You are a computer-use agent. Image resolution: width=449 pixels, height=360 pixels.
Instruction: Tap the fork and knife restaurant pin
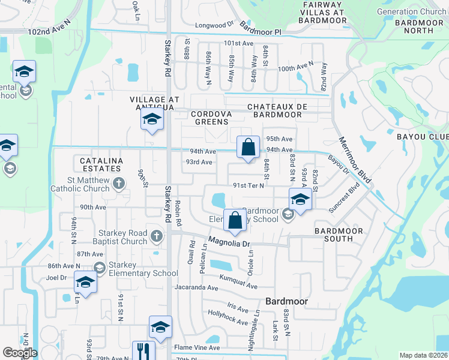pyautogui.click(x=143, y=350)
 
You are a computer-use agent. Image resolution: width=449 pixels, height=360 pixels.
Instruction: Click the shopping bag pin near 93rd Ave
pyautogui.click(x=248, y=148)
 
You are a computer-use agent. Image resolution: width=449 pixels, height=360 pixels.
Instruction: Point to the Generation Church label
pyautogui.click(x=411, y=11)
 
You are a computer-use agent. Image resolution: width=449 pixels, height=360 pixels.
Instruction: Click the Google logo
pyautogui.click(x=19, y=352)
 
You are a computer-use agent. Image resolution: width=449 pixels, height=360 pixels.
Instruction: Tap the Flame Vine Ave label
pyautogui.click(x=197, y=347)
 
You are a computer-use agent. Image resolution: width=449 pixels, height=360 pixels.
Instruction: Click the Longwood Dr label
pyautogui.click(x=214, y=25)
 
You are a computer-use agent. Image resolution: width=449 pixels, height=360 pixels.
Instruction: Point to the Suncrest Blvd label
pyautogui.click(x=345, y=197)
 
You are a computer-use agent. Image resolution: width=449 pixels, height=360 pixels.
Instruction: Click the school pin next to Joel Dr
pyautogui.click(x=85, y=282)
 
